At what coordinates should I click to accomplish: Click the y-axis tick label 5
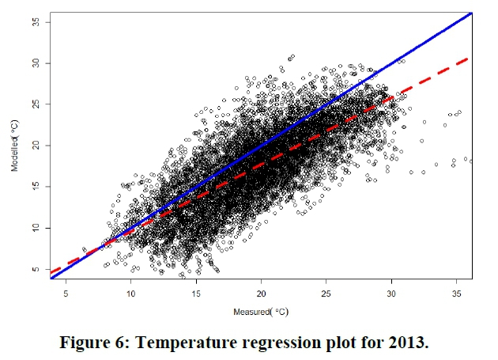click(x=35, y=270)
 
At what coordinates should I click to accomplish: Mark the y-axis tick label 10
click(x=35, y=228)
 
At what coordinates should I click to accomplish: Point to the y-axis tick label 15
click(x=35, y=187)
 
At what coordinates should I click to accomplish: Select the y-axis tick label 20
click(x=35, y=146)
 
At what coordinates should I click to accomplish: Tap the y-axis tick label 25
click(x=35, y=104)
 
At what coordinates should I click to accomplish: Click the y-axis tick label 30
click(x=35, y=63)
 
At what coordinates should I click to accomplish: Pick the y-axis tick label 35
click(x=35, y=22)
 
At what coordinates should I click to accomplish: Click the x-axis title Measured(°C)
click(x=261, y=310)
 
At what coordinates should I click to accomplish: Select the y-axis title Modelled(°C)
click(x=15, y=146)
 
